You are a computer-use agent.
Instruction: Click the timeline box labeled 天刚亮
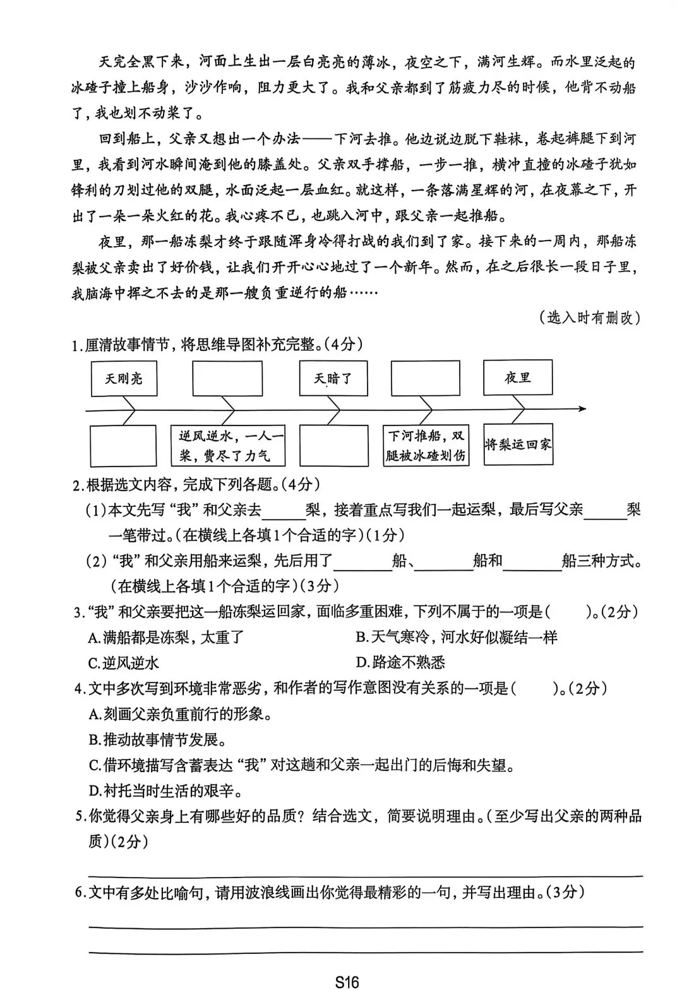coord(124,378)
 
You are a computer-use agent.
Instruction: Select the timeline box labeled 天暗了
coord(333,378)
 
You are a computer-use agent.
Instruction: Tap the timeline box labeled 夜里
coord(518,378)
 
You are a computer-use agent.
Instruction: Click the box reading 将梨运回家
coord(518,444)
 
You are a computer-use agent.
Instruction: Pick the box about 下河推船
coord(426,445)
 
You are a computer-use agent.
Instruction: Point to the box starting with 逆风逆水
coord(228,446)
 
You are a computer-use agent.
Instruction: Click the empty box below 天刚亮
coord(123,446)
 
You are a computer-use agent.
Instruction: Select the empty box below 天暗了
coord(333,446)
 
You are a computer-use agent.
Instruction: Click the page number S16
coord(347,982)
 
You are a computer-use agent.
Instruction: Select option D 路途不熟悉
coord(400,662)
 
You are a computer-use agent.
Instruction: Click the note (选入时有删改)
coord(590,318)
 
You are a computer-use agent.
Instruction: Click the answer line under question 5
coord(365,875)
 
